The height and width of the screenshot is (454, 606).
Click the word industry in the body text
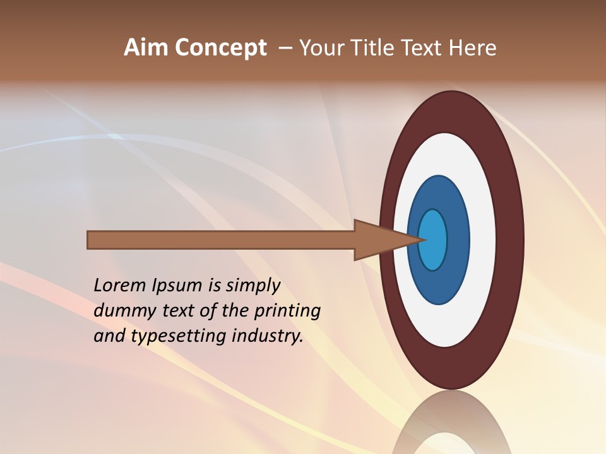(268, 336)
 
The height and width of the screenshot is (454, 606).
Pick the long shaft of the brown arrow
(221, 240)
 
